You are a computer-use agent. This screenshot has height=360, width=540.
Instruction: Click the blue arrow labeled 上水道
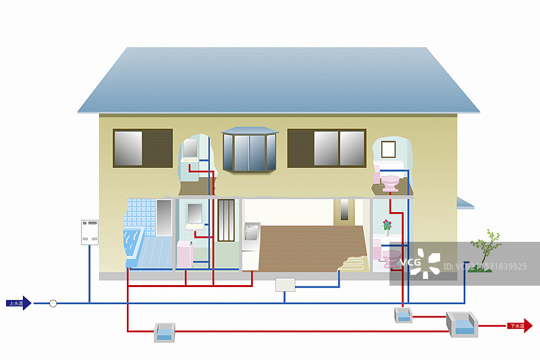click(x=19, y=303)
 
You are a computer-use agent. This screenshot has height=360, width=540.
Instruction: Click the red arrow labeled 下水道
click(x=519, y=326)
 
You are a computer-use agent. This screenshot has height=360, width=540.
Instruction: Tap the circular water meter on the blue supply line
click(x=53, y=303)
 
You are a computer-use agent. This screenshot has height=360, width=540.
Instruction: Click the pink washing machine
click(x=185, y=253)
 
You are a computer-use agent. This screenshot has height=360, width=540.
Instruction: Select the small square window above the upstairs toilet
click(x=387, y=149)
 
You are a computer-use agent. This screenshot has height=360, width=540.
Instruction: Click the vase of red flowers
click(x=386, y=226)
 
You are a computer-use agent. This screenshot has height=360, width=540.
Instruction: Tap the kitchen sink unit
click(x=250, y=236)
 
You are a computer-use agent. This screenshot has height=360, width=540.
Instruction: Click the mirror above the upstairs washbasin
click(x=190, y=148)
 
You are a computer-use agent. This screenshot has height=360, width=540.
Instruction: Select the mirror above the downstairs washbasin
click(x=194, y=212)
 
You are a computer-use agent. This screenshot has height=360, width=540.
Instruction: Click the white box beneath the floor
click(x=286, y=284)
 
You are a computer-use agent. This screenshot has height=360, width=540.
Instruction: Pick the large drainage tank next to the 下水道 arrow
click(x=463, y=326)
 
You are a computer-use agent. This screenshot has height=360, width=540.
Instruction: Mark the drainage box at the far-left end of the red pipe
click(x=165, y=331)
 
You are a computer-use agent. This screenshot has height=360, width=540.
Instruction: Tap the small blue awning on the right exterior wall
click(x=465, y=203)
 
